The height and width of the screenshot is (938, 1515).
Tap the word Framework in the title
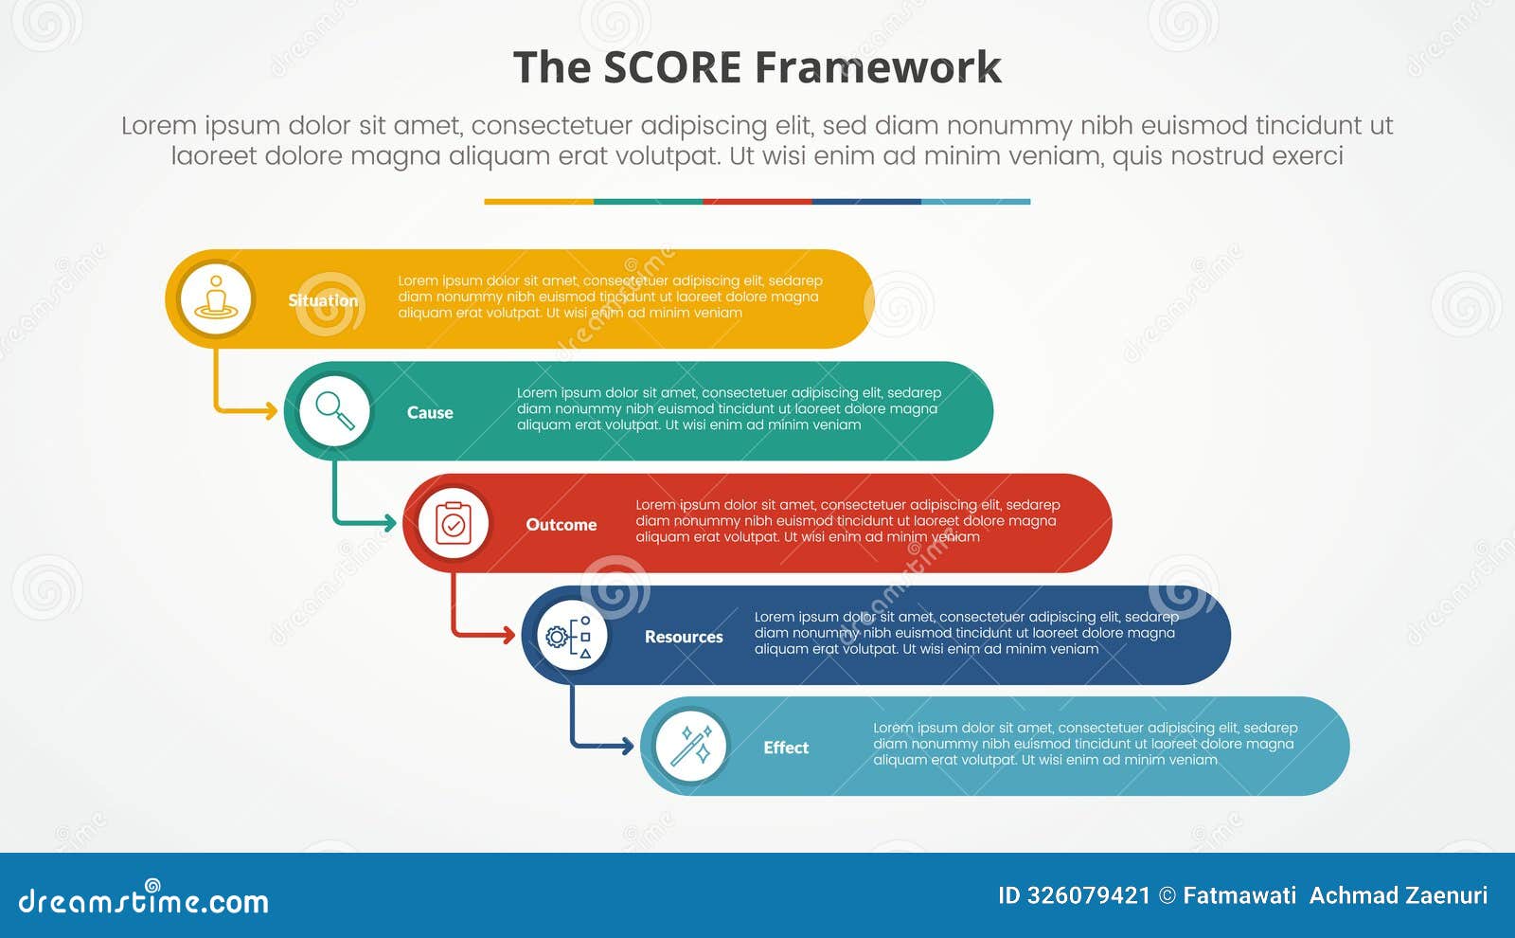pyautogui.click(x=878, y=68)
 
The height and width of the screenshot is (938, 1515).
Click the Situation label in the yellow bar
pyautogui.click(x=323, y=300)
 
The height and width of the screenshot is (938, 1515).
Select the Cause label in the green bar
pyautogui.click(x=430, y=412)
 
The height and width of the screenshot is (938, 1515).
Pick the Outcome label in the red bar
pyautogui.click(x=561, y=524)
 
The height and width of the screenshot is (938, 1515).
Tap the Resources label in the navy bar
pyautogui.click(x=684, y=637)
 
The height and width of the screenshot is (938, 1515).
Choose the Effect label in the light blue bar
pyautogui.click(x=786, y=748)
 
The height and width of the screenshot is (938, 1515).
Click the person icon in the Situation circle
pyautogui.click(x=216, y=298)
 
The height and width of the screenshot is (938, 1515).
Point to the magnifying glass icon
pyautogui.click(x=334, y=410)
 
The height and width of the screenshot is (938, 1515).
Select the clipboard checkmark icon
pyautogui.click(x=454, y=523)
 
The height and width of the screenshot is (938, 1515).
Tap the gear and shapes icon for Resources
pyautogui.click(x=571, y=636)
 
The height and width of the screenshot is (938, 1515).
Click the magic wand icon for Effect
pyautogui.click(x=691, y=747)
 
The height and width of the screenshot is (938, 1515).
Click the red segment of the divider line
pyautogui.click(x=757, y=201)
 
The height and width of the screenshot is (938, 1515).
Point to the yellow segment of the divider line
pyautogui.click(x=538, y=201)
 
